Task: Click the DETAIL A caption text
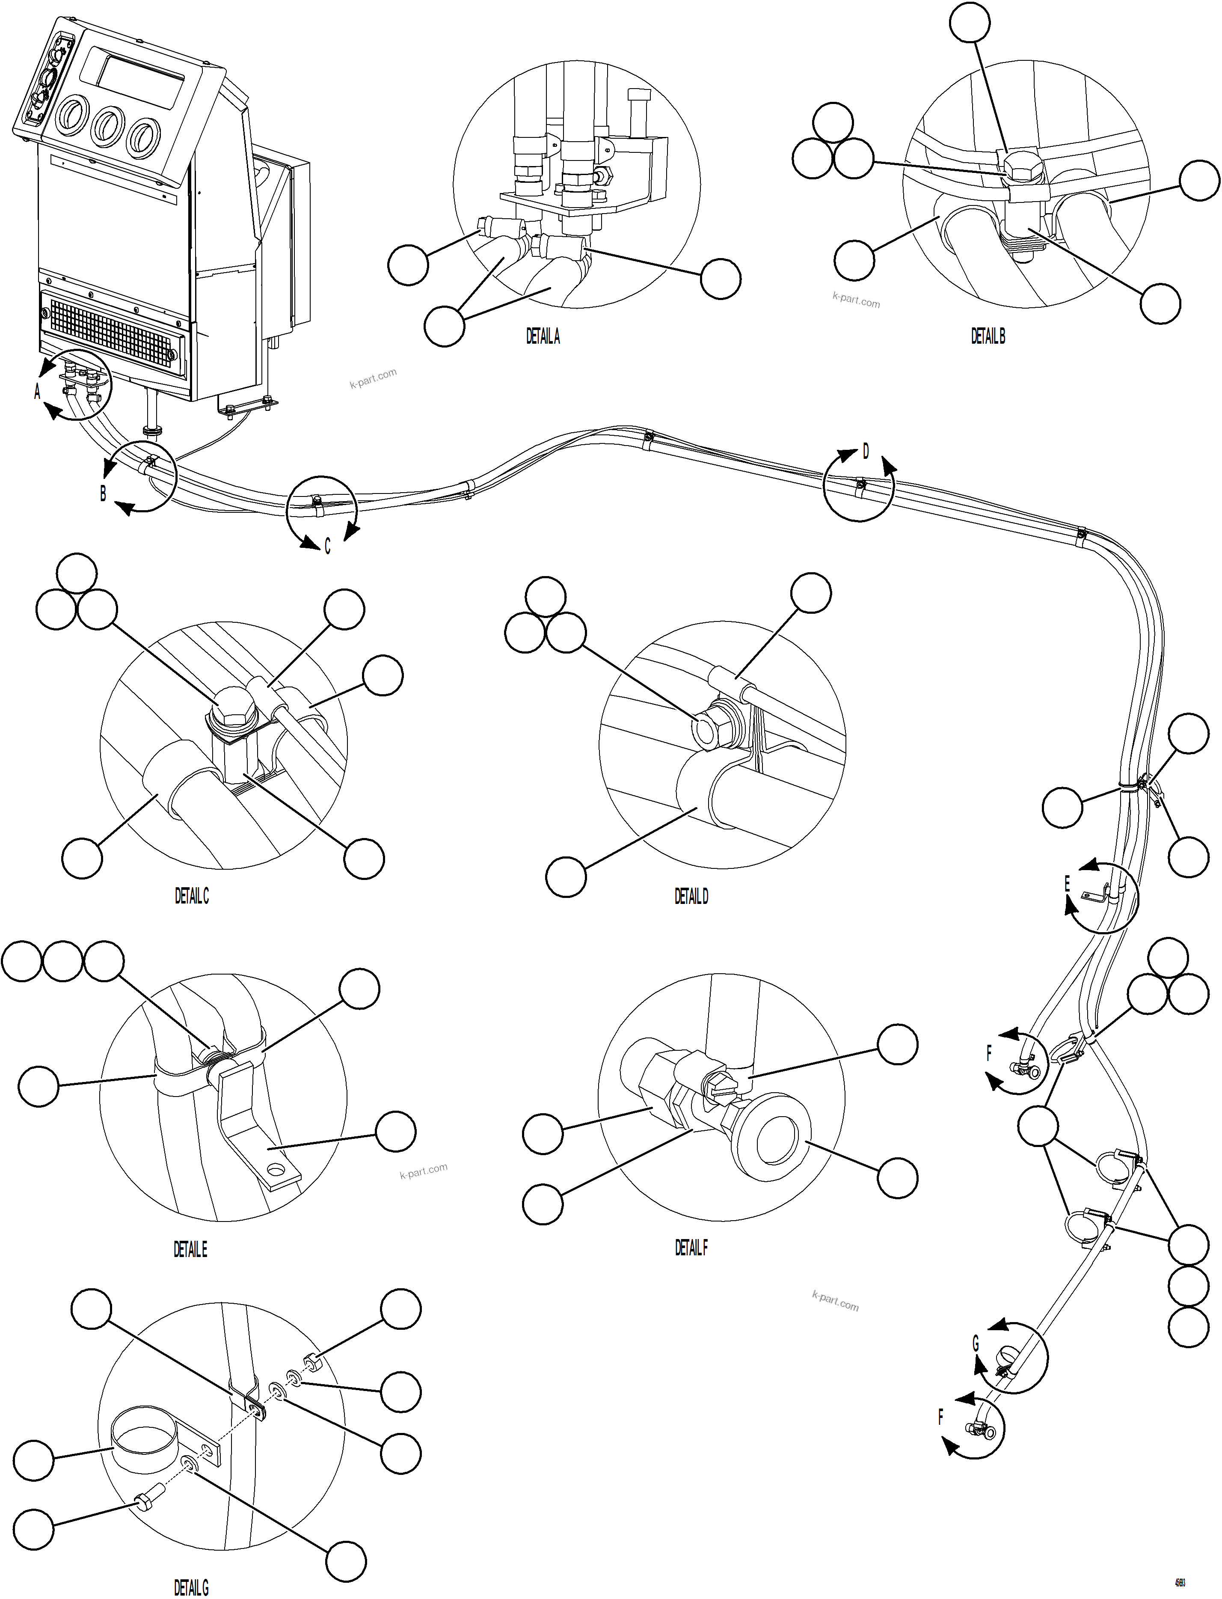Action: [x=543, y=336]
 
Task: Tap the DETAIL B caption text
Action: [x=988, y=336]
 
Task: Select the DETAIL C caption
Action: [x=191, y=896]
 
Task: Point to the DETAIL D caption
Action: [x=691, y=896]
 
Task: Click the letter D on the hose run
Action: [x=866, y=452]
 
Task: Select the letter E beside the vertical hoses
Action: [x=1067, y=884]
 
